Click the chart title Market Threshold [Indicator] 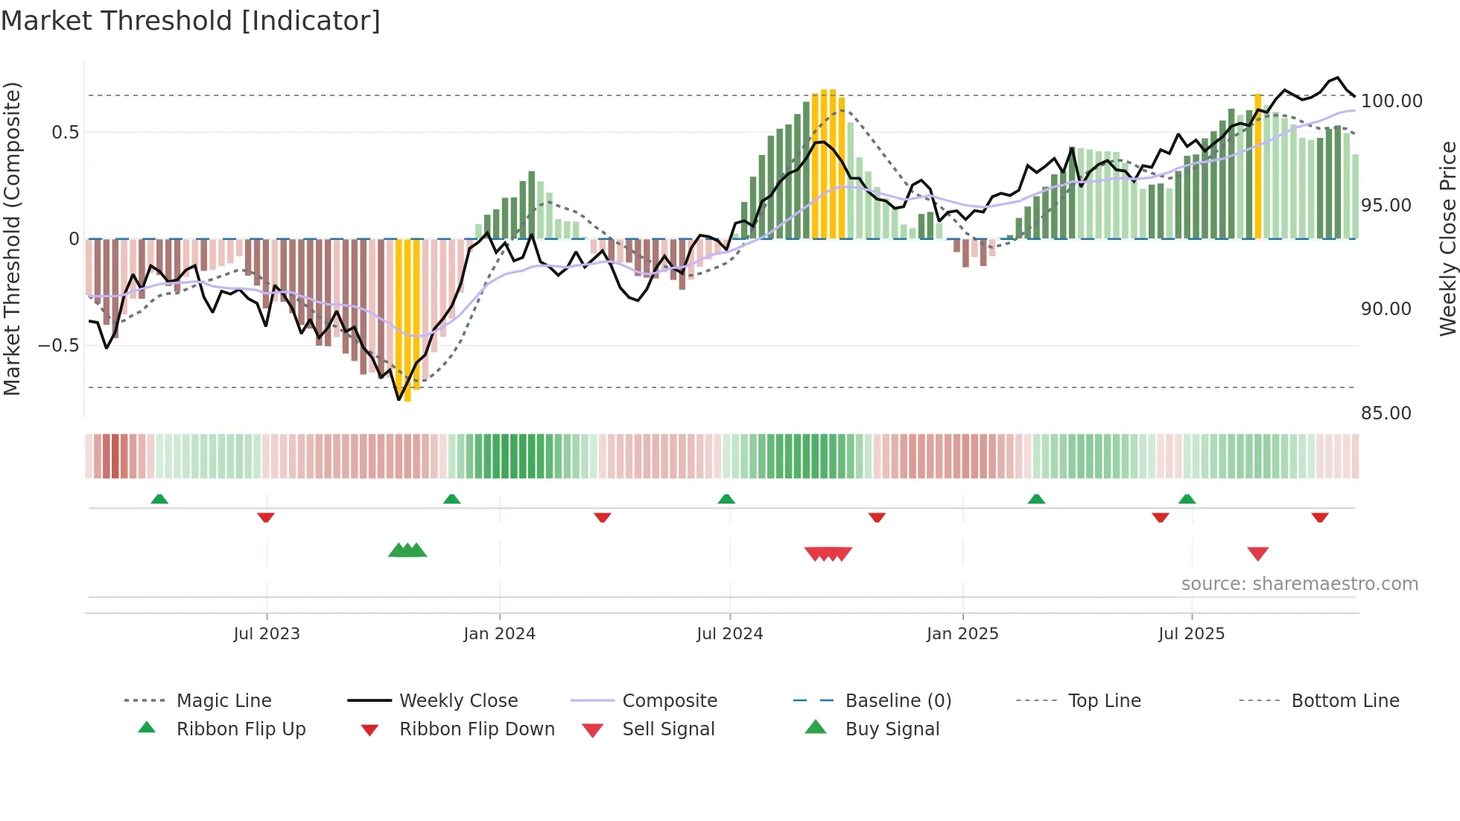(x=191, y=21)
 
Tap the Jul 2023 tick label (x=267, y=633)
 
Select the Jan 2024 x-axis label (x=499, y=633)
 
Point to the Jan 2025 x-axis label (x=962, y=633)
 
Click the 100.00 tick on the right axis (x=1391, y=101)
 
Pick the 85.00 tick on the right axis (x=1386, y=413)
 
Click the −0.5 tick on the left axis (x=58, y=345)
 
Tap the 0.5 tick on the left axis (x=65, y=132)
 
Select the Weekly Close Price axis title (x=1447, y=238)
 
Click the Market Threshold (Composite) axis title (x=12, y=238)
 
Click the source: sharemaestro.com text (x=1299, y=583)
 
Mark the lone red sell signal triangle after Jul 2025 (x=1257, y=554)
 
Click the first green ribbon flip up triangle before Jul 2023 (x=159, y=498)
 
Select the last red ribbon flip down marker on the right (x=1320, y=517)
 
